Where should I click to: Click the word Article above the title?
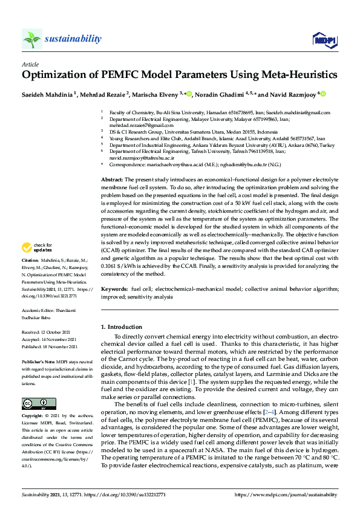30,63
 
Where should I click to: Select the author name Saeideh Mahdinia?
47,94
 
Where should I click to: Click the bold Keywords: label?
114,290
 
